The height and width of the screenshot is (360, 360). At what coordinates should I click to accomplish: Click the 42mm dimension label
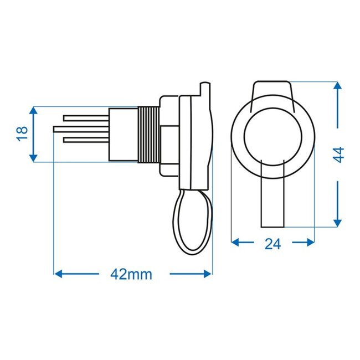(x=131, y=274)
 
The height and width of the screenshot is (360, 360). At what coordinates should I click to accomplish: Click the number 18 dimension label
(x=23, y=133)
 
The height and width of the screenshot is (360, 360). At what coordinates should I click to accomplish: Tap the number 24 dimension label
(x=272, y=243)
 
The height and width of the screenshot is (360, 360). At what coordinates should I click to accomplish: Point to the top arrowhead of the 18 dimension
(x=34, y=111)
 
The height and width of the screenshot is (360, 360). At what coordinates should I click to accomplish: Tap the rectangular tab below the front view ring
(x=272, y=202)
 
